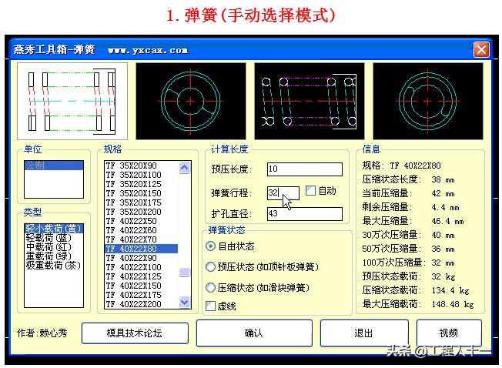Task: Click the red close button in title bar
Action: pos(481,49)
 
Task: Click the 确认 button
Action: pos(253,333)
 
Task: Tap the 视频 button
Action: pos(448,333)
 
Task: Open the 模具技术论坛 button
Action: pos(135,333)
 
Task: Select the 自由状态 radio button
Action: pos(211,246)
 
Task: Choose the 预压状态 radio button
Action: pos(211,267)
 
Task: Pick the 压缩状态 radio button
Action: pos(211,288)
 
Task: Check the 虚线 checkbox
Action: pos(211,306)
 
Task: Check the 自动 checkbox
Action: pos(311,190)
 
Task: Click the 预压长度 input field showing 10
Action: pos(304,169)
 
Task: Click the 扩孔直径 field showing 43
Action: pos(304,214)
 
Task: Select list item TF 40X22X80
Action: pos(141,249)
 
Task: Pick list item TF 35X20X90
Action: pos(141,166)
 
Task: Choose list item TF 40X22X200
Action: pos(141,304)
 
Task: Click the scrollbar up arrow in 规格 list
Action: pos(184,166)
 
